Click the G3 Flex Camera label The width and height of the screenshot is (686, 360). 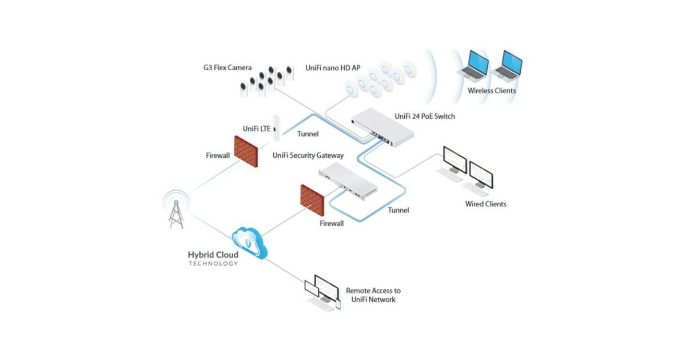[227, 68]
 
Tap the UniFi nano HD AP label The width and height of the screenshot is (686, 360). [333, 68]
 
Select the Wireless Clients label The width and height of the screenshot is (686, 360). [492, 91]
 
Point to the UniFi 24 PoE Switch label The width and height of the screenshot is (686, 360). [425, 117]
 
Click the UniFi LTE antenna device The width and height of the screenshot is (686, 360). [277, 128]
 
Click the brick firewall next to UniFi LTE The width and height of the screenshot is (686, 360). [246, 151]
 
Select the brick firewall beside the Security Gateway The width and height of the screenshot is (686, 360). [312, 199]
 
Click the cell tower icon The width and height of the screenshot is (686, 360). [176, 209]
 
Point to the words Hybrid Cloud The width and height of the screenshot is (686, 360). [213, 255]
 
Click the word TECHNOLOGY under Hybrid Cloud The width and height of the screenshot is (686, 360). [213, 263]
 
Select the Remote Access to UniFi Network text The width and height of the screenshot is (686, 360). [373, 295]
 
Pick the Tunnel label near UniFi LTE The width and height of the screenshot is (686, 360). [308, 134]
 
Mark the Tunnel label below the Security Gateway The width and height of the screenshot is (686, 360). [398, 210]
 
